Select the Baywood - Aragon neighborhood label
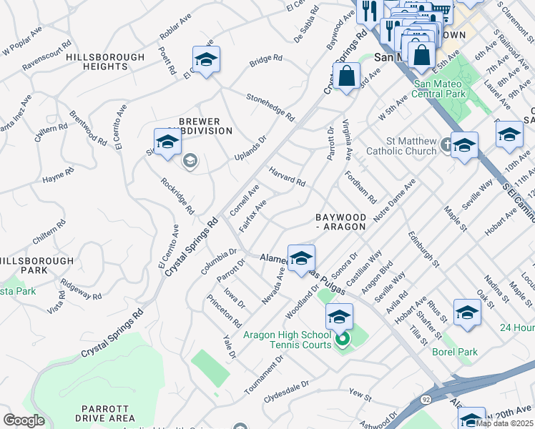pyautogui.click(x=341, y=221)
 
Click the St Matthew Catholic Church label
pyautogui.click(x=401, y=146)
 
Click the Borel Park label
pyautogui.click(x=454, y=352)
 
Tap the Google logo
pyautogui.click(x=24, y=420)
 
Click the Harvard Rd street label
pyautogui.click(x=287, y=177)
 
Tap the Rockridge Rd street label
pyautogui.click(x=177, y=196)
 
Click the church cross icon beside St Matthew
pyautogui.click(x=446, y=143)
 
